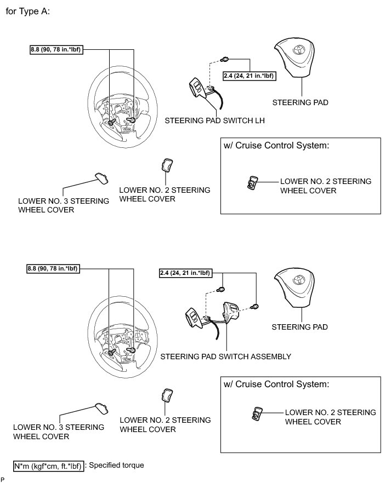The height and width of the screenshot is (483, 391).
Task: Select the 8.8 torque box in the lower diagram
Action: (53, 268)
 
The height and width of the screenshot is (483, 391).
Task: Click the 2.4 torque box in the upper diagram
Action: (249, 77)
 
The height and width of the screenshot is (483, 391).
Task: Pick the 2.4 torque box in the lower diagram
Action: (185, 272)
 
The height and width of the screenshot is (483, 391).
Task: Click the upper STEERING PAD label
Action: (301, 102)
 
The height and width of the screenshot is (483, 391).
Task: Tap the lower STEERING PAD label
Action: (300, 327)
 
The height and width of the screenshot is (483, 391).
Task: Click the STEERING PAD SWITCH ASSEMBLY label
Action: (225, 356)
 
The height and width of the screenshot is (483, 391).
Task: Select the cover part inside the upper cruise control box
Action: (252, 183)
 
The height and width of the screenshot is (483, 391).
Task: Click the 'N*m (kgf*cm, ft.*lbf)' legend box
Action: (49, 466)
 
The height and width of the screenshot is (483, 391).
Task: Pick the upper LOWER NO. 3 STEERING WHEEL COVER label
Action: (64, 205)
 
